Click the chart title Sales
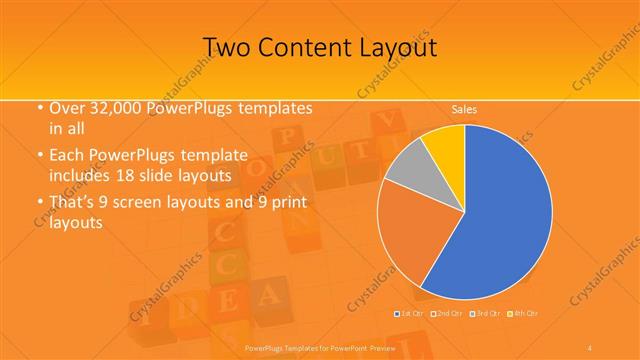coord(463,108)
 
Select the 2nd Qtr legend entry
coord(448,314)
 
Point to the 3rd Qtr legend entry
coord(487,314)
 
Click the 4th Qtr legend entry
coord(526,314)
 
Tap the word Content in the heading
coord(314,47)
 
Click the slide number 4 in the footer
coord(591,346)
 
